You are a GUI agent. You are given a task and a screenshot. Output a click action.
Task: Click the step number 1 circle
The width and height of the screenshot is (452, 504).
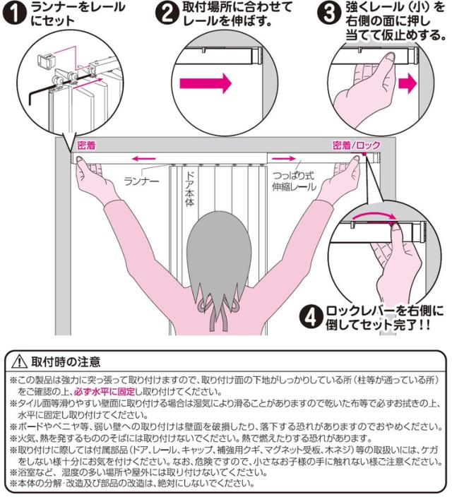coord(16,13)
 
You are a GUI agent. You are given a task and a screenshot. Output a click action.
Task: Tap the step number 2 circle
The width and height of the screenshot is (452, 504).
coord(167,13)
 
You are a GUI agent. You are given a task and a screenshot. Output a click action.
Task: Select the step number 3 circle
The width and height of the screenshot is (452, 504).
coord(328,13)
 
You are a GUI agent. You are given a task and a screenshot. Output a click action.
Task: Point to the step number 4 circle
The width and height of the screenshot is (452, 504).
coord(311,316)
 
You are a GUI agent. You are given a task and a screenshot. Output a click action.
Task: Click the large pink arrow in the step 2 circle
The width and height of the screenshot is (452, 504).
coord(206,83)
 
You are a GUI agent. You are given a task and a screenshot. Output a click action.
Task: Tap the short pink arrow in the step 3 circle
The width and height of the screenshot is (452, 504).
coord(408,83)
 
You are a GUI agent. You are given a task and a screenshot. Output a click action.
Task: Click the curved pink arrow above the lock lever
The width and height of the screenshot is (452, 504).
coord(374,215)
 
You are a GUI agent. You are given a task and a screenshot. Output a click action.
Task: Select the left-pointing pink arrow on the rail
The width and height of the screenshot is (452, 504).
coord(144,158)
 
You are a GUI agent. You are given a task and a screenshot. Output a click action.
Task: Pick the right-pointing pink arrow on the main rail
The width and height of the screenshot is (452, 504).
coord(283,158)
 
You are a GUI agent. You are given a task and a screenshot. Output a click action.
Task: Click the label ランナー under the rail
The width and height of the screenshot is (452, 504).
coord(141,181)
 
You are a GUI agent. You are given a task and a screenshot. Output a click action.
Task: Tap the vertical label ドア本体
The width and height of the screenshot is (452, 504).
coord(190,188)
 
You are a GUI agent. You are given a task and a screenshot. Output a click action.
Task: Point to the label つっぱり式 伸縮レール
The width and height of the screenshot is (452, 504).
coord(294,181)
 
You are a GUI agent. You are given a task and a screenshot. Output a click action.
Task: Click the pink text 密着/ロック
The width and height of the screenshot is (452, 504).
coord(356,145)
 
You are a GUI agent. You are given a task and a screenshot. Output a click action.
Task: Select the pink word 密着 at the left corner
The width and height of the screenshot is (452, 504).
coord(86,145)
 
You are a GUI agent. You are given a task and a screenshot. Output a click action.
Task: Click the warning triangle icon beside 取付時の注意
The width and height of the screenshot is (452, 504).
coord(19,361)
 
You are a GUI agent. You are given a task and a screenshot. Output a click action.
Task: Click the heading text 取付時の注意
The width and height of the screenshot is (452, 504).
coord(66,362)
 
